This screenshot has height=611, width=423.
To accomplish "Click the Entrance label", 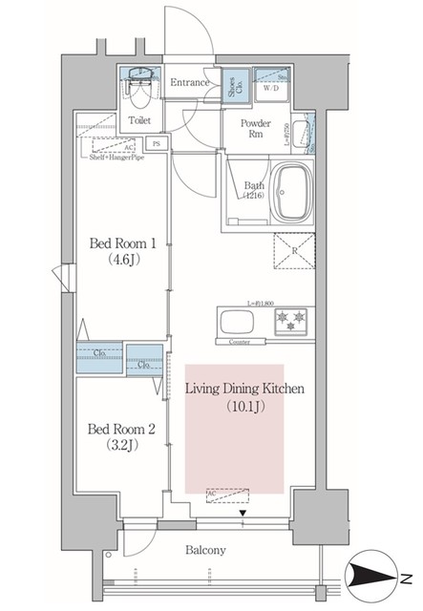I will [190, 83].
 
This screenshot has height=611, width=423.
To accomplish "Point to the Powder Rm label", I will [256, 130].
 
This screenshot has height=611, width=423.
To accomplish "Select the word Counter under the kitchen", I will [240, 341].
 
